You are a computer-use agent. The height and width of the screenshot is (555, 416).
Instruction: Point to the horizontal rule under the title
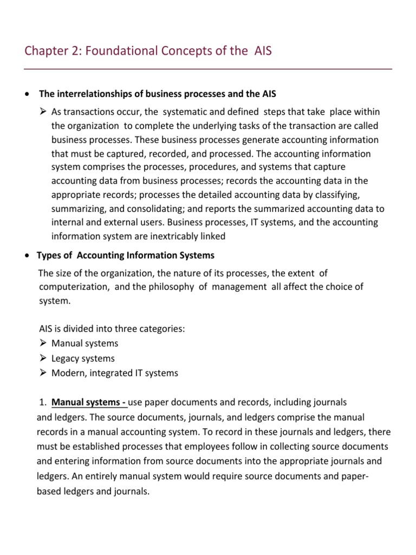208,69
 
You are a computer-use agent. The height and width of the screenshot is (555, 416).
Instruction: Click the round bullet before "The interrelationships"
27,94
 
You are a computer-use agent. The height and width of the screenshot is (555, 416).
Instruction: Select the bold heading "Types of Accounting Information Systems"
125,255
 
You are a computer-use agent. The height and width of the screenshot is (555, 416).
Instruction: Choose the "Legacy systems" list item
83,358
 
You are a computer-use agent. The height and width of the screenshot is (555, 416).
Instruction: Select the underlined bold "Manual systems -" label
89,403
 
